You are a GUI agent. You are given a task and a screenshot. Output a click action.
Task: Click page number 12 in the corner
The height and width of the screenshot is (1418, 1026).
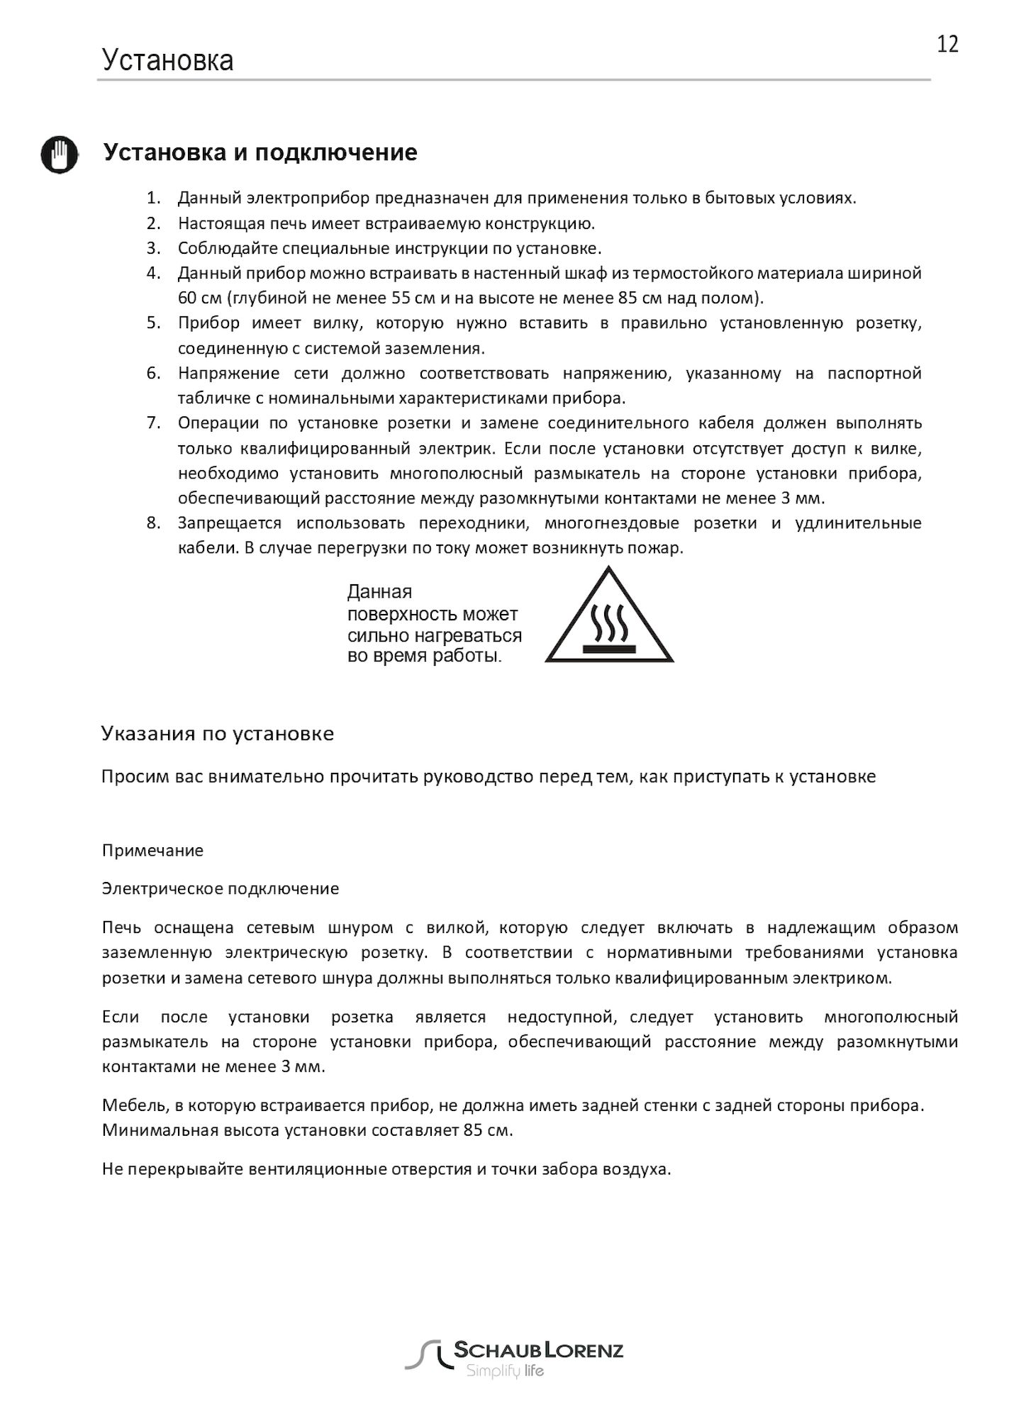[947, 45]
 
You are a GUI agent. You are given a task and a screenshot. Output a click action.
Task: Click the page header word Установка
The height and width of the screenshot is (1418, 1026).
[167, 60]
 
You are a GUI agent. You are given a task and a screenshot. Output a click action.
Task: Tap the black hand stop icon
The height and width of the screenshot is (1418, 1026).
[59, 154]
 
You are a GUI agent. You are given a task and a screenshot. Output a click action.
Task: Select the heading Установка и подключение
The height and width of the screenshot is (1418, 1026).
[260, 152]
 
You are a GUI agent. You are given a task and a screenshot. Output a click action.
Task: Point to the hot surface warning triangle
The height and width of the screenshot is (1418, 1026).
[609, 619]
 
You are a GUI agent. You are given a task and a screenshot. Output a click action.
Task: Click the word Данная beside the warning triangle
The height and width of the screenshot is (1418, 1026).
[379, 592]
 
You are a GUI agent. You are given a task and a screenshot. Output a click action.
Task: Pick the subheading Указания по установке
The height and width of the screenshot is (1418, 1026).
[218, 733]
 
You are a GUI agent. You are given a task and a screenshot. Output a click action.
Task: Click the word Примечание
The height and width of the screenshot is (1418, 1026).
[152, 850]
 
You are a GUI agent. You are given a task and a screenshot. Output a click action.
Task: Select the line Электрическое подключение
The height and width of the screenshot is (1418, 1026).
[221, 888]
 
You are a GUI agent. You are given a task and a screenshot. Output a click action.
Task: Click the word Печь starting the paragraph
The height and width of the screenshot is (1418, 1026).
[123, 927]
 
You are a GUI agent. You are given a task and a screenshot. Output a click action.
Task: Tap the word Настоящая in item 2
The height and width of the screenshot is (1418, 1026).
[221, 223]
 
